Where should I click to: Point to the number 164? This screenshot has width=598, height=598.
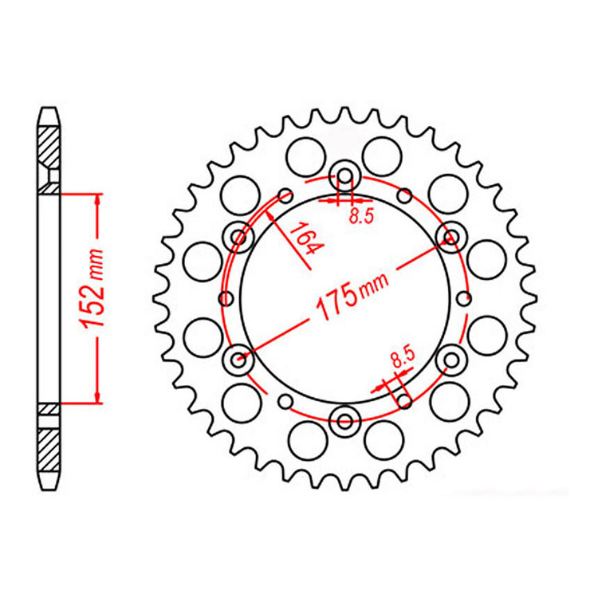pos(302,238)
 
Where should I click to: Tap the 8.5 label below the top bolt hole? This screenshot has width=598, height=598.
pos(360,215)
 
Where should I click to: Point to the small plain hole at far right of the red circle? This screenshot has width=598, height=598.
pos(465,298)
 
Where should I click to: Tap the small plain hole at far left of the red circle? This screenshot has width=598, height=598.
pos(225,298)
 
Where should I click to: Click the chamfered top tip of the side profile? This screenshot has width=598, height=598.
pos(49,112)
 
